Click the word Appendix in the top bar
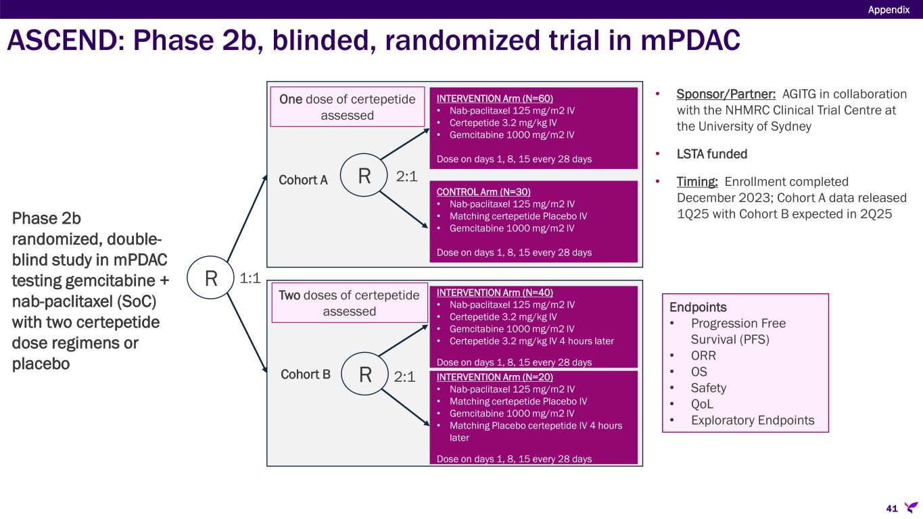pos(889,10)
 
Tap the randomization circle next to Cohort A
pos(364,175)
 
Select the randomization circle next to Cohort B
pos(365,374)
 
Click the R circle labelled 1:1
pos(210,278)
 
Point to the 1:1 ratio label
pos(250,278)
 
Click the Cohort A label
pos(303,180)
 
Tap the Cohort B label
pos(306,374)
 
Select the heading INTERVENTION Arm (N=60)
pos(495,99)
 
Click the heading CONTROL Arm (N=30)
pos(483,192)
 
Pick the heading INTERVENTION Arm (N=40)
pos(495,293)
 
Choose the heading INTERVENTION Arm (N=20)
pos(495,377)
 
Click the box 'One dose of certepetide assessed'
pos(348,107)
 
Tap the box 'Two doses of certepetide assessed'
pos(350,303)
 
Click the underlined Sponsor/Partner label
pos(726,94)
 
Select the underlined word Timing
pos(697,182)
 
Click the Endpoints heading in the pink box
pos(698,307)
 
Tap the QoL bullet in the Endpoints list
pos(702,404)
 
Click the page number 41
pos(892,508)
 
